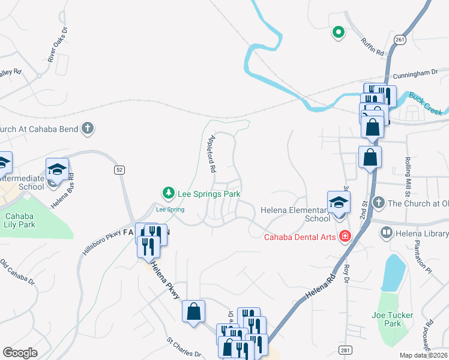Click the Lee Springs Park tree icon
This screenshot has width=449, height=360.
click(x=169, y=194)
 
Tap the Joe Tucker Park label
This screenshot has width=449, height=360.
click(x=385, y=319)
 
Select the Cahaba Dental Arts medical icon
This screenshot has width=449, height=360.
click(x=345, y=236)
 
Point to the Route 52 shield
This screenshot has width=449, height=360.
click(x=119, y=170)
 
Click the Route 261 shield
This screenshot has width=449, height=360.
click(x=400, y=39)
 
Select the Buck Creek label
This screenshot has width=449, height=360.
click(x=426, y=103)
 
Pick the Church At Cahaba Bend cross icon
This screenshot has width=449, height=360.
click(x=88, y=128)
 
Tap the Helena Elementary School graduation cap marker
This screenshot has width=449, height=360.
click(x=339, y=202)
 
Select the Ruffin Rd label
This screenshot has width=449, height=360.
click(x=372, y=46)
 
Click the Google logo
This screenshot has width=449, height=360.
click(x=20, y=353)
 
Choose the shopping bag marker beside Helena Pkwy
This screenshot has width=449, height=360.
click(x=193, y=312)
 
